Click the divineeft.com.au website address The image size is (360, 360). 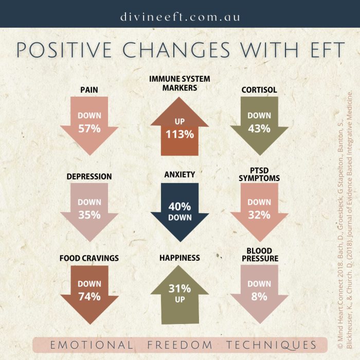[x=180, y=17]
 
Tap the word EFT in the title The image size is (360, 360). [x=319, y=50]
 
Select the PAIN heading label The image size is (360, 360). [x=89, y=90]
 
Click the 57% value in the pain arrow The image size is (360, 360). [x=89, y=129]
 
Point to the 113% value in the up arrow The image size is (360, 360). [x=179, y=135]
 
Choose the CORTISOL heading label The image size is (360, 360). [x=259, y=90]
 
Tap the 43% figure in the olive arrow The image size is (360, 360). [x=259, y=129]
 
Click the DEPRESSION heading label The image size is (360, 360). [x=89, y=176]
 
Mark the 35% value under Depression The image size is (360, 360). [x=89, y=215]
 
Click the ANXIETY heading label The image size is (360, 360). [x=179, y=175]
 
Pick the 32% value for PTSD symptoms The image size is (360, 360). [x=259, y=215]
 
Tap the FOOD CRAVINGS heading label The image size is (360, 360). [x=89, y=258]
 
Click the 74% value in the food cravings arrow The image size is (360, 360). [x=89, y=297]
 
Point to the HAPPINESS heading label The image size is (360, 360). [x=179, y=257]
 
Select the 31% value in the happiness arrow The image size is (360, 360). [x=179, y=289]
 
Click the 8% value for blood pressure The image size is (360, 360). [x=259, y=297]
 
